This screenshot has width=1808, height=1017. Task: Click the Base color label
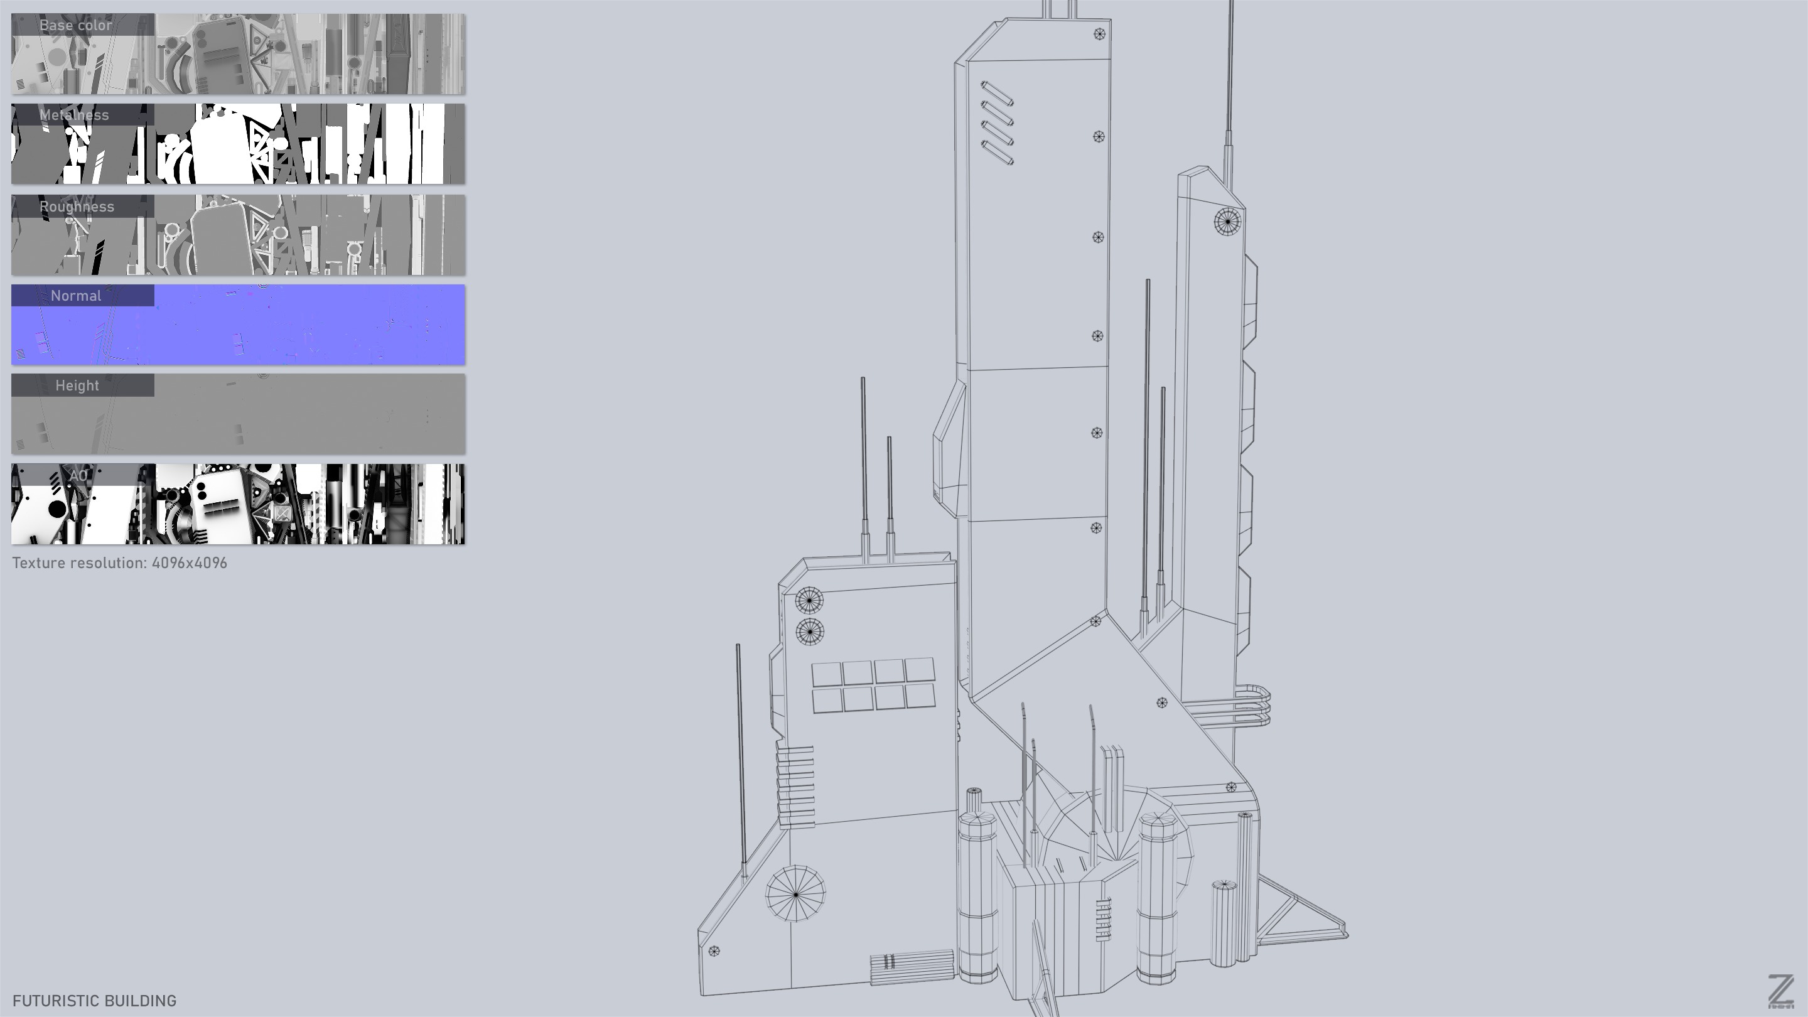[76, 25]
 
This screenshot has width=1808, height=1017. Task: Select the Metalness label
[75, 115]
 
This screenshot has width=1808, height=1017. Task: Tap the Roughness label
[77, 207]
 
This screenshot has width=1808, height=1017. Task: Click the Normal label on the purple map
[76, 296]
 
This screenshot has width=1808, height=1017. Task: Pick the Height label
[77, 385]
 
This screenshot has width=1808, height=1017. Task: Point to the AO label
[78, 475]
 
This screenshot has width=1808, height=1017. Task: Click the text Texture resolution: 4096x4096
[119, 563]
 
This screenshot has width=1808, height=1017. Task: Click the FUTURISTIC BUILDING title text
[94, 1001]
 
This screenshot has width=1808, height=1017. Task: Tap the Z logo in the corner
[1780, 991]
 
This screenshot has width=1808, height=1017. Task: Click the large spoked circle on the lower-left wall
[795, 893]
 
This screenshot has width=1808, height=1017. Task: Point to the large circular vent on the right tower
[1227, 222]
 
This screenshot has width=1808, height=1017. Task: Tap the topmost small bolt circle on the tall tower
[1099, 34]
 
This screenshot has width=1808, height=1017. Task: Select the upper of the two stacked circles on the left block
[809, 601]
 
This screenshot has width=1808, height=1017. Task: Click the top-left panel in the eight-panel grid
[827, 674]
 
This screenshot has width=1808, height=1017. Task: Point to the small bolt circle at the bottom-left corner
[714, 951]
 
